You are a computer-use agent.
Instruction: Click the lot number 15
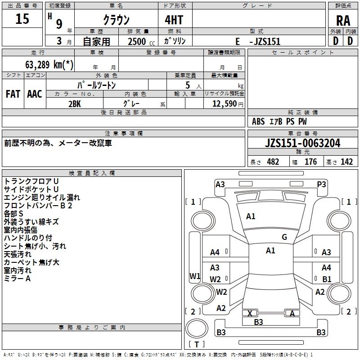point(22,18)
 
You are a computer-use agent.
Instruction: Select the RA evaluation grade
point(343,21)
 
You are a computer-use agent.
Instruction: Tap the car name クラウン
point(116,20)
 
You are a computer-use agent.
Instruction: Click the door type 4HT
point(174,20)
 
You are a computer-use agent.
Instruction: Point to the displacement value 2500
point(137,41)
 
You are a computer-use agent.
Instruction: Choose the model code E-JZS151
point(258,41)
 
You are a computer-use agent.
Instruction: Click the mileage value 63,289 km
point(49,64)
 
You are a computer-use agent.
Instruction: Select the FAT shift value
point(13,94)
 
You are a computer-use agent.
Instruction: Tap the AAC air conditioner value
point(35,94)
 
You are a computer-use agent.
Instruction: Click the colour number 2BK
point(75,104)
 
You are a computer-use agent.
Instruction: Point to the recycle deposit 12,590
point(224,103)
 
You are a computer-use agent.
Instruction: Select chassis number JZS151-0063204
point(302,143)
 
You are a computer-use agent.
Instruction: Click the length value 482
point(273,162)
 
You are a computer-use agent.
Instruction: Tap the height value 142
point(346,162)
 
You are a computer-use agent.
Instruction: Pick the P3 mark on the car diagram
point(321,184)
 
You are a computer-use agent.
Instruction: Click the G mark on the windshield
point(284,237)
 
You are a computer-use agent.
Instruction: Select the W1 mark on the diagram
point(195,276)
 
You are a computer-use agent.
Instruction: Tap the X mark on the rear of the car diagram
point(250,313)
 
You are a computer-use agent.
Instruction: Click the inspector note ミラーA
point(17,279)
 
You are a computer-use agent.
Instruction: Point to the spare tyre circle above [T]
point(197,328)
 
